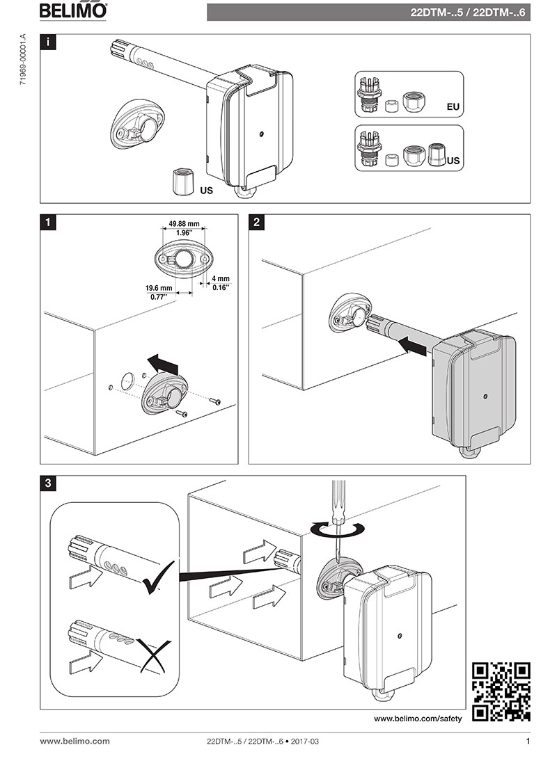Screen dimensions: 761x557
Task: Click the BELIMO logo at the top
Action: (x=73, y=10)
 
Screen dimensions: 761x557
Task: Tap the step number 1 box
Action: (x=47, y=223)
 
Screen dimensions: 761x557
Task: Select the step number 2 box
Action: (x=257, y=223)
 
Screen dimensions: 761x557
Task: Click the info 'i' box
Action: (x=47, y=42)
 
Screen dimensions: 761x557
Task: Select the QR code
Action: (x=501, y=691)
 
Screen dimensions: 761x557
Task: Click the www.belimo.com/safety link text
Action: (x=418, y=718)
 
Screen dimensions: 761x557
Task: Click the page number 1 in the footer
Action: (x=528, y=742)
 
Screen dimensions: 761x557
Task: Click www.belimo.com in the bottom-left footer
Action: (x=74, y=742)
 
